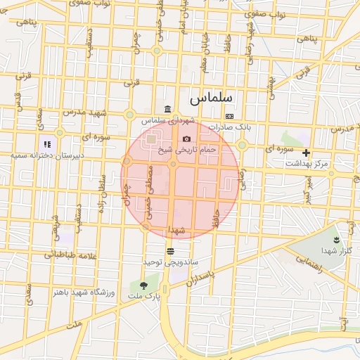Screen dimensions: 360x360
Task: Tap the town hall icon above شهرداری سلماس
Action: coord(167,109)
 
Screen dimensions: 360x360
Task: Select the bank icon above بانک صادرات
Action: coord(229,116)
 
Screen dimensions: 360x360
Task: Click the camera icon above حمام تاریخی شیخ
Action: coord(186,139)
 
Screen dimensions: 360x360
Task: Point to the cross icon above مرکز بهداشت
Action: coord(306,153)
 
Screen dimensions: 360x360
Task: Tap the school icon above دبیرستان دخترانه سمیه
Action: coord(48,144)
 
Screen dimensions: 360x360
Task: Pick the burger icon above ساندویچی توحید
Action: coord(170,251)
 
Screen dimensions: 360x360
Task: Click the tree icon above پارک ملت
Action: coord(143,285)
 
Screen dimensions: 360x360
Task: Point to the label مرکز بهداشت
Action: coord(307,163)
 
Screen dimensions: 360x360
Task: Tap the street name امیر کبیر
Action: coord(308,188)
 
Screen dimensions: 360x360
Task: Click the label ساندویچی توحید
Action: coord(171,262)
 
